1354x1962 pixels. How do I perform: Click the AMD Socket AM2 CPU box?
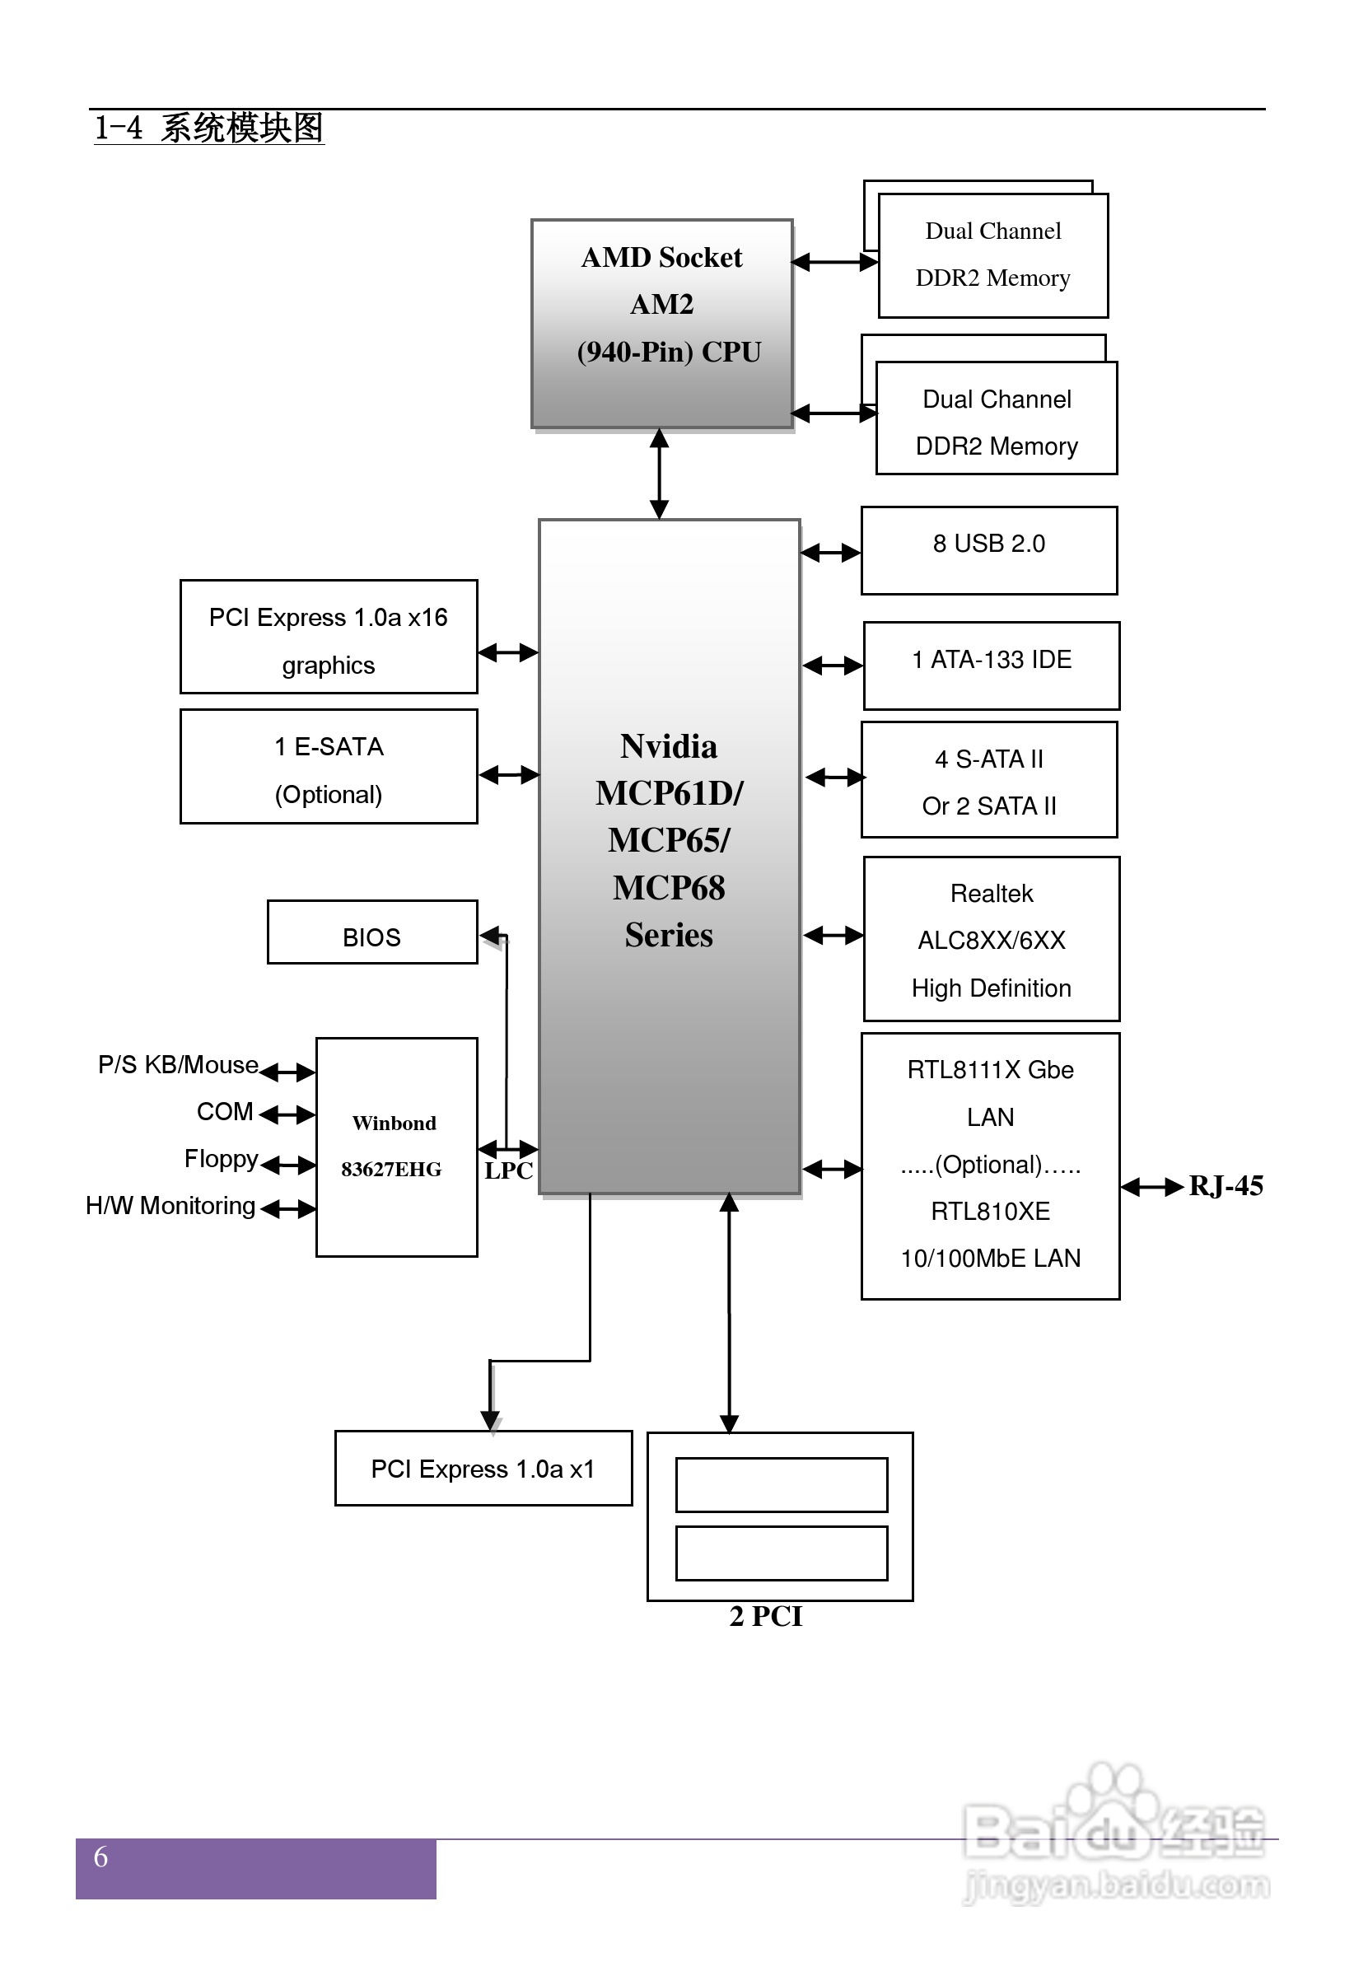pos(661,323)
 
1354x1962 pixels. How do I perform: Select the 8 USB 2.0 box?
pos(988,550)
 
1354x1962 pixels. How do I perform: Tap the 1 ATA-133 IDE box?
pos(991,665)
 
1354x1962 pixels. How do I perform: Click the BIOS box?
pos(371,932)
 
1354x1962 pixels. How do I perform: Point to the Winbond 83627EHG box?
pos(396,1146)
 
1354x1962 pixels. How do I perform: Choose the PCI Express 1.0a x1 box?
pos(483,1468)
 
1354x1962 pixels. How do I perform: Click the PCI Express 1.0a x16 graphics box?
pos(329,636)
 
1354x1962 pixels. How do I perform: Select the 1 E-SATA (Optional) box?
pos(329,766)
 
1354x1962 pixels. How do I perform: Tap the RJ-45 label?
pos(1225,1185)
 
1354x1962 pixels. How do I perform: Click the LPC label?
pos(508,1170)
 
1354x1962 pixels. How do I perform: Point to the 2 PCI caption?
pos(765,1616)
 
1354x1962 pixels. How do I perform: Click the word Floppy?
pos(221,1159)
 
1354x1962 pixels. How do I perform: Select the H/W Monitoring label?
pos(170,1205)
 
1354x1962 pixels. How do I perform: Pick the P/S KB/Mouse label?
pos(177,1064)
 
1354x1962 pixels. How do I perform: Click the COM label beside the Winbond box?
pos(225,1111)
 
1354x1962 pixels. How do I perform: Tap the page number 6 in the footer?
pos(100,1857)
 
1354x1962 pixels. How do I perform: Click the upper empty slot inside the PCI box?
pos(782,1484)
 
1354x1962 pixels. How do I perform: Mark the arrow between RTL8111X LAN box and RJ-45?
pos(1151,1187)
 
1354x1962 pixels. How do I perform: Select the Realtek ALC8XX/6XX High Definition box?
pos(991,939)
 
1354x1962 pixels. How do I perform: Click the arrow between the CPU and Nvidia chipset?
pos(659,474)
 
